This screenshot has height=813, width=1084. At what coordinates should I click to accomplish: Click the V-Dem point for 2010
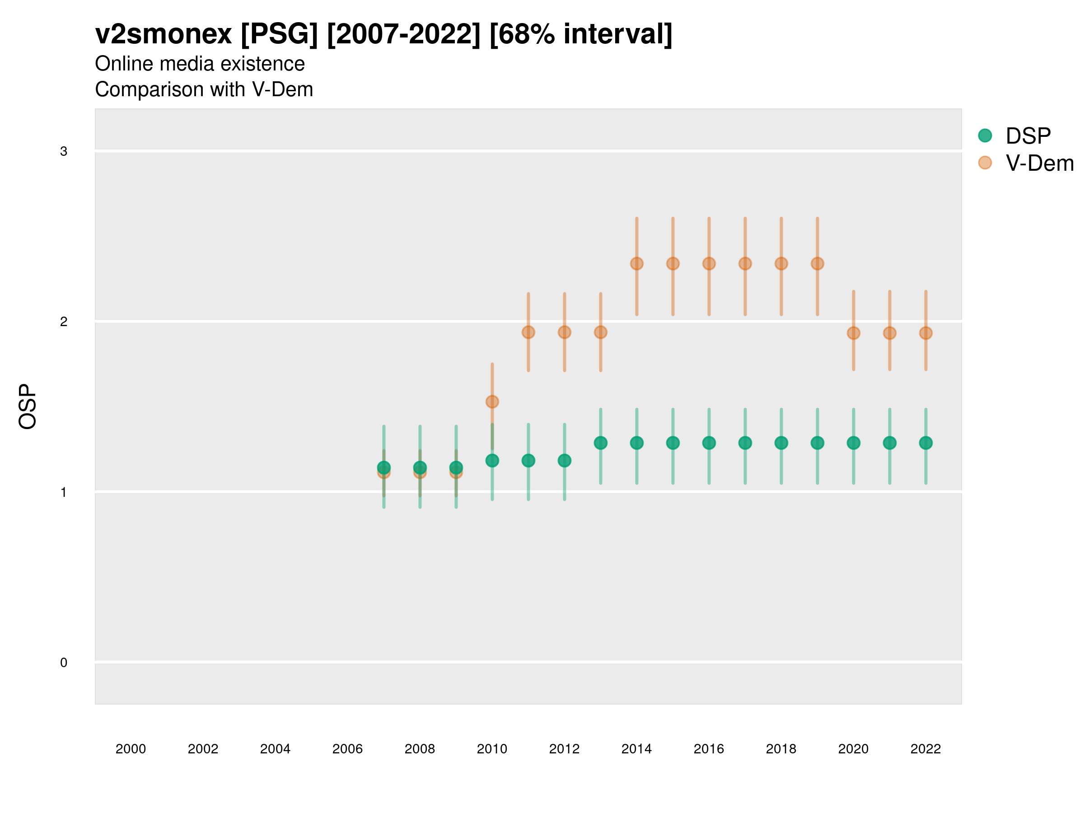[x=492, y=402]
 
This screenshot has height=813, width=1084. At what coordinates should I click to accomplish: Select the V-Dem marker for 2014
[x=636, y=264]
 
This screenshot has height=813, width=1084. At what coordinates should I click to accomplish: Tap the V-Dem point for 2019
[x=818, y=264]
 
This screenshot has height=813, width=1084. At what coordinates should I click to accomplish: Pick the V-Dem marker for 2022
[x=926, y=333]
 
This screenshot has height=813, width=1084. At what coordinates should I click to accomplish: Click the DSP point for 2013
[x=601, y=443]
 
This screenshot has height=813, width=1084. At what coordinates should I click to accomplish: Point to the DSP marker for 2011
[x=528, y=461]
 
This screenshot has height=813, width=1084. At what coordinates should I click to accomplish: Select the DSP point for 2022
[x=926, y=443]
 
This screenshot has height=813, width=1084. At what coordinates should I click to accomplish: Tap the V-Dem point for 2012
[x=565, y=332]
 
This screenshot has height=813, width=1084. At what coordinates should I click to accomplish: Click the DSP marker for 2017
[x=745, y=443]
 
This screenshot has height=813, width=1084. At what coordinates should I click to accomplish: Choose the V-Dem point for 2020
[x=854, y=333]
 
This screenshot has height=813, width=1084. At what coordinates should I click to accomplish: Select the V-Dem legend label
[x=1039, y=163]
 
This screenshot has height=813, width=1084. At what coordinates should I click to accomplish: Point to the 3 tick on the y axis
[x=64, y=151]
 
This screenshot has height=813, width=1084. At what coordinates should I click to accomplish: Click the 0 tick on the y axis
[x=64, y=663]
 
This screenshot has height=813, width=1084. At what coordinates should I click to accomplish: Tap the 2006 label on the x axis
[x=347, y=749]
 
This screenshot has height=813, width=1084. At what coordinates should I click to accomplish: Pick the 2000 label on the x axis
[x=131, y=749]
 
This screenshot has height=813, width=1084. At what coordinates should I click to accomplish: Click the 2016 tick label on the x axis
[x=709, y=749]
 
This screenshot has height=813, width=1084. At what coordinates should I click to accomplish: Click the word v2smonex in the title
[x=163, y=34]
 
